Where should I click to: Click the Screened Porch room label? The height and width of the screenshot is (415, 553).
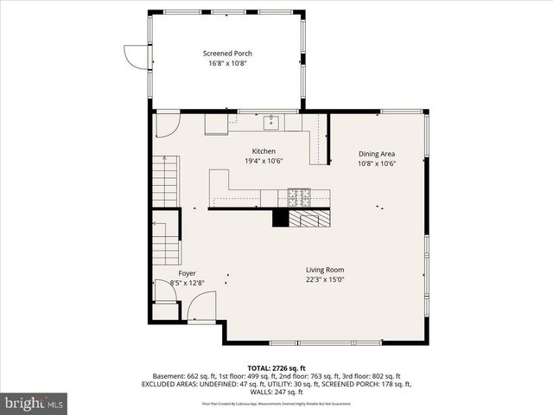pos(227,53)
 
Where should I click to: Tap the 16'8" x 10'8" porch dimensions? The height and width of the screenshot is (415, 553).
pos(227,63)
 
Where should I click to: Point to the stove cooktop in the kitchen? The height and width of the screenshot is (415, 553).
pos(300,196)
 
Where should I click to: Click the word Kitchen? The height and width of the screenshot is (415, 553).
pos(264,151)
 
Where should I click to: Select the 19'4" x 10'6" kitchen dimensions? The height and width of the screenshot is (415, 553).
pos(264,161)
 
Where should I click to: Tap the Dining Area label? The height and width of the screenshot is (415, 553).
pos(377,154)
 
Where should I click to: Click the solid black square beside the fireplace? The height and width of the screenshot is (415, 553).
pos(280,218)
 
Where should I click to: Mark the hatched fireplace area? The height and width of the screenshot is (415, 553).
pos(309,218)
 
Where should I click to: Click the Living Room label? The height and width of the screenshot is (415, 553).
pos(325,270)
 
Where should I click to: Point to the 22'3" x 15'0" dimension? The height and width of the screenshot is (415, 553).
pos(325,279)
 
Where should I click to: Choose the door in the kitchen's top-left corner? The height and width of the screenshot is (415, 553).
pos(167,123)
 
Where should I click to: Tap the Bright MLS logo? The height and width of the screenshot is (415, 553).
pos(35,403)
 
